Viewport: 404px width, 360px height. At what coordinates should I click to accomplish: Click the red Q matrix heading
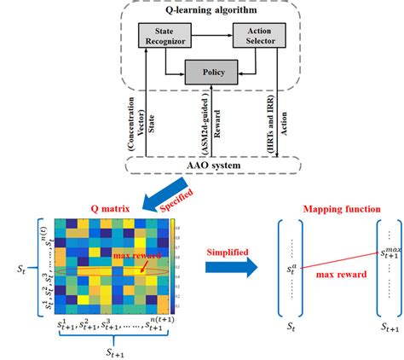(x=95, y=205)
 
